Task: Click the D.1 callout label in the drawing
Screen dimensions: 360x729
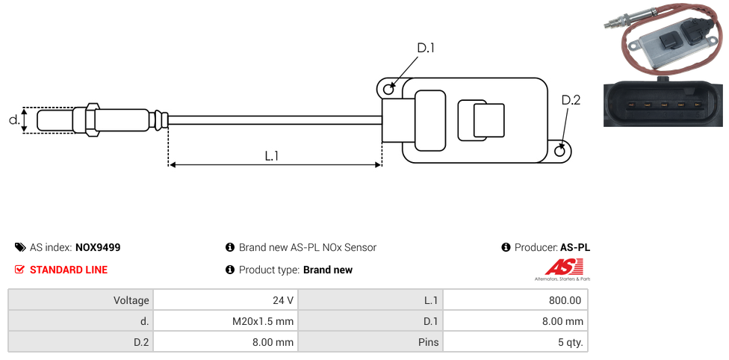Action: (425, 49)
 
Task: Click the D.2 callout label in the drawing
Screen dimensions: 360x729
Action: (571, 100)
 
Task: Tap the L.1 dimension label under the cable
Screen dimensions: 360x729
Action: (272, 156)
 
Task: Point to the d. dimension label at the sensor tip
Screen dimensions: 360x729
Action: (13, 120)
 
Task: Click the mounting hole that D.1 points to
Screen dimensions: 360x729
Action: (388, 90)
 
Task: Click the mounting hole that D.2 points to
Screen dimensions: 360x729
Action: (561, 152)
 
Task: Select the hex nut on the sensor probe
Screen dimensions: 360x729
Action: (93, 120)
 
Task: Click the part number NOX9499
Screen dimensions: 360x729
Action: (98, 247)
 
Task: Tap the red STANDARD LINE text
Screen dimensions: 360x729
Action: (69, 270)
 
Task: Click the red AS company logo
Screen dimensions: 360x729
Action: (559, 267)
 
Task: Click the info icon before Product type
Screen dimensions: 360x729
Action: (230, 270)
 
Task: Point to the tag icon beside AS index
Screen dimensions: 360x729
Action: (20, 247)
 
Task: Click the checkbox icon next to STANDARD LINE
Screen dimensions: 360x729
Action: (20, 270)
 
